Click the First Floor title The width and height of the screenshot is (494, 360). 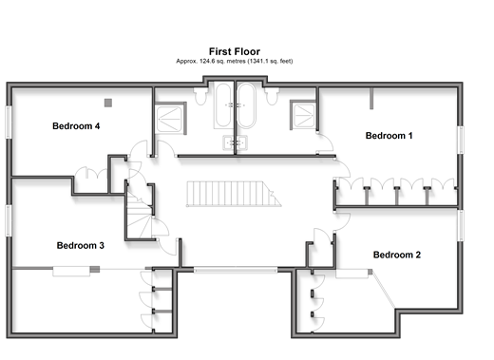pyautogui.click(x=235, y=51)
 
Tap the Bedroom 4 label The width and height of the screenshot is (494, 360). pyautogui.click(x=76, y=126)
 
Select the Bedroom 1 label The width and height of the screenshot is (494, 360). pyautogui.click(x=389, y=136)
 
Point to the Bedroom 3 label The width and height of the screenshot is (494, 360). pyautogui.click(x=80, y=245)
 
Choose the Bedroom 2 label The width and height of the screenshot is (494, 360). pyautogui.click(x=397, y=255)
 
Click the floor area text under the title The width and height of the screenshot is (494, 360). pyautogui.click(x=235, y=61)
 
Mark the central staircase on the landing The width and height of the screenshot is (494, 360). pyautogui.click(x=234, y=194)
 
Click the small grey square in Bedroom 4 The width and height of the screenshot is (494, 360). pyautogui.click(x=108, y=103)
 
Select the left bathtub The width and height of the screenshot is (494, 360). pyautogui.click(x=223, y=105)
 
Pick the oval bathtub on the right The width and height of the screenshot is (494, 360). pyautogui.click(x=246, y=105)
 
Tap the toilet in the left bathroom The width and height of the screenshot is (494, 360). pyautogui.click(x=200, y=96)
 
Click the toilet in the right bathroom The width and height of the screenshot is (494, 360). pyautogui.click(x=272, y=96)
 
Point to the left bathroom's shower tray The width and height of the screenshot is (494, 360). pyautogui.click(x=169, y=119)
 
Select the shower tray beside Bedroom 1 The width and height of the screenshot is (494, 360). pyautogui.click(x=304, y=116)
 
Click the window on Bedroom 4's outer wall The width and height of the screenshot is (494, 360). pyautogui.click(x=9, y=123)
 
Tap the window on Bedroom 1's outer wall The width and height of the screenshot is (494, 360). pyautogui.click(x=461, y=140)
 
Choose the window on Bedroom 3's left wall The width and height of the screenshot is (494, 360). pyautogui.click(x=9, y=220)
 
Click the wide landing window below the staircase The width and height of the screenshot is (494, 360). pyautogui.click(x=236, y=270)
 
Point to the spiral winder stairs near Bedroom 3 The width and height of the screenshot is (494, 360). pyautogui.click(x=140, y=216)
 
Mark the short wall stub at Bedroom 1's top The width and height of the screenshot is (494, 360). pyautogui.click(x=371, y=99)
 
